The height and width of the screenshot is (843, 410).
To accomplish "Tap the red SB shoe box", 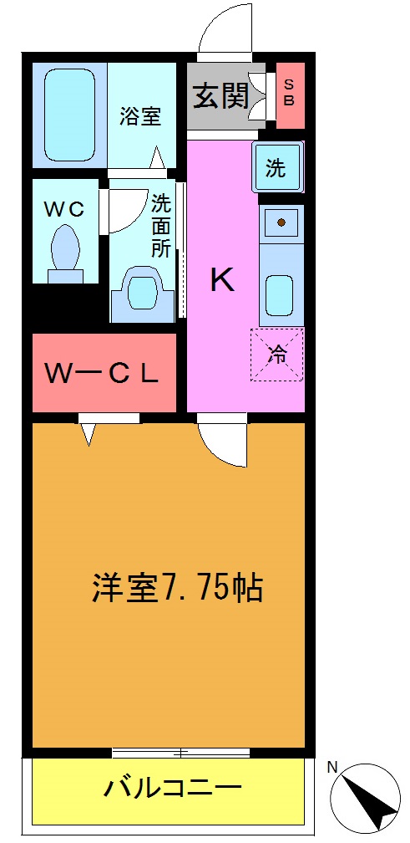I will coord(290,95).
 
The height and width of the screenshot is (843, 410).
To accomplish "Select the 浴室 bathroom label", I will coord(139,115).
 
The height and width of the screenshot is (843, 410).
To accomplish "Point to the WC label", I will coord(64,210).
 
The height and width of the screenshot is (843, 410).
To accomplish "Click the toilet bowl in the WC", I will coord(65,249).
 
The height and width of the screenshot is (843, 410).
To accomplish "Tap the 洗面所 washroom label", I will coord(161,225).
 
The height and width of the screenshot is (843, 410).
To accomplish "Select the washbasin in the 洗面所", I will coord(142,293).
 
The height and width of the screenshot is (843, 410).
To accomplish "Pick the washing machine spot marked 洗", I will coord(276,167).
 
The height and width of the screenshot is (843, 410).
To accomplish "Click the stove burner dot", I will coord(281,222).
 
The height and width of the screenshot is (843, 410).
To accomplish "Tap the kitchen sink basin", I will coord(281,294).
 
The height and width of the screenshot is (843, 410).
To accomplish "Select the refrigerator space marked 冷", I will coord(277,355).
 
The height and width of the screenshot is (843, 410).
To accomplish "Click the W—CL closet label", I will coord(102,374).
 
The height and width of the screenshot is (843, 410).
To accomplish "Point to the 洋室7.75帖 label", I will coord(177,589).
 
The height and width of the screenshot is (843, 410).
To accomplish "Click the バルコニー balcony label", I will coord(173,787).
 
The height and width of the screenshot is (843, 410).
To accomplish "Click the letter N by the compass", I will coord(332,767).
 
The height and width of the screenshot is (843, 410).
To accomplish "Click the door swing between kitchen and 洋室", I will coord(224,442).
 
